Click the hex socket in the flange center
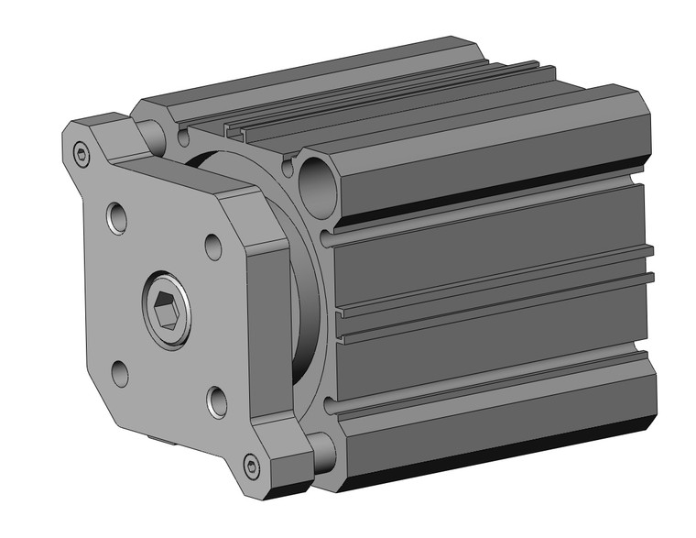point(166,316)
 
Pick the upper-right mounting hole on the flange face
point(212,246)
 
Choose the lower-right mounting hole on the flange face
point(217,400)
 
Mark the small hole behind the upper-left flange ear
point(184,138)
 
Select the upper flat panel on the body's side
point(485,243)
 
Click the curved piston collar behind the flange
point(302,302)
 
